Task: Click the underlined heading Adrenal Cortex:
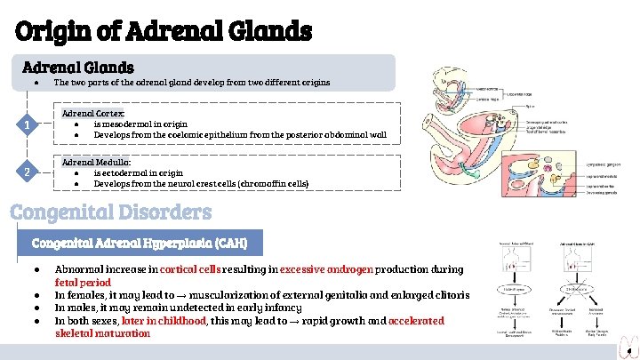click(x=94, y=113)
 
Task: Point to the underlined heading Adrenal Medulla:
click(x=96, y=163)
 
